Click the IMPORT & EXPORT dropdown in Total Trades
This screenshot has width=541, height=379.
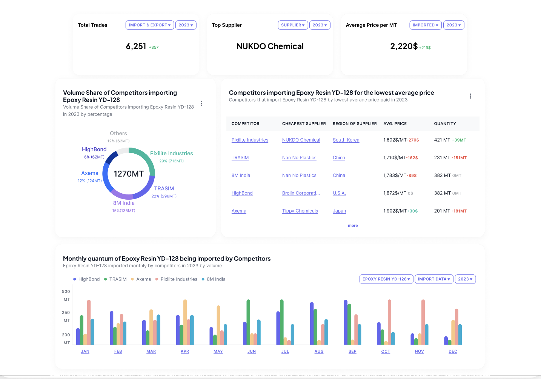tap(149, 25)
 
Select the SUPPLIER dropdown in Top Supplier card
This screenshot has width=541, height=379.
tap(293, 25)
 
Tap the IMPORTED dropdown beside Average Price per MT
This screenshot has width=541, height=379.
tap(425, 25)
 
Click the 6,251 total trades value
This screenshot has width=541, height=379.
tap(136, 46)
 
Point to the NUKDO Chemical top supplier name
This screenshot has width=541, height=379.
tap(270, 46)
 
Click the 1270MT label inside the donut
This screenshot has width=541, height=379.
tap(129, 174)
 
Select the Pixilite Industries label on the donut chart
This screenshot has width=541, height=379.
tap(171, 153)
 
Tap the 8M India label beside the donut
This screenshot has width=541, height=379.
tap(124, 203)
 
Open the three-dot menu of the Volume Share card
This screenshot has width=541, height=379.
tap(201, 103)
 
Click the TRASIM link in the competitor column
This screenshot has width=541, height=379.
tap(240, 158)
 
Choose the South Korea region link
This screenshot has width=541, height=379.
tap(346, 140)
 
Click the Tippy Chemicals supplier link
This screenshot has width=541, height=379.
tap(300, 211)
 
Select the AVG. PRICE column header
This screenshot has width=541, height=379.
tap(395, 124)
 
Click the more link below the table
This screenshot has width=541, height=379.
tap(353, 226)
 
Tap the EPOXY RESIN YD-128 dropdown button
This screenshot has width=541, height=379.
tap(386, 279)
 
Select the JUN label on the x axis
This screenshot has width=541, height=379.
tap(252, 351)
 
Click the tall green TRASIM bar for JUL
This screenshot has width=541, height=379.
tap(282, 322)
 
